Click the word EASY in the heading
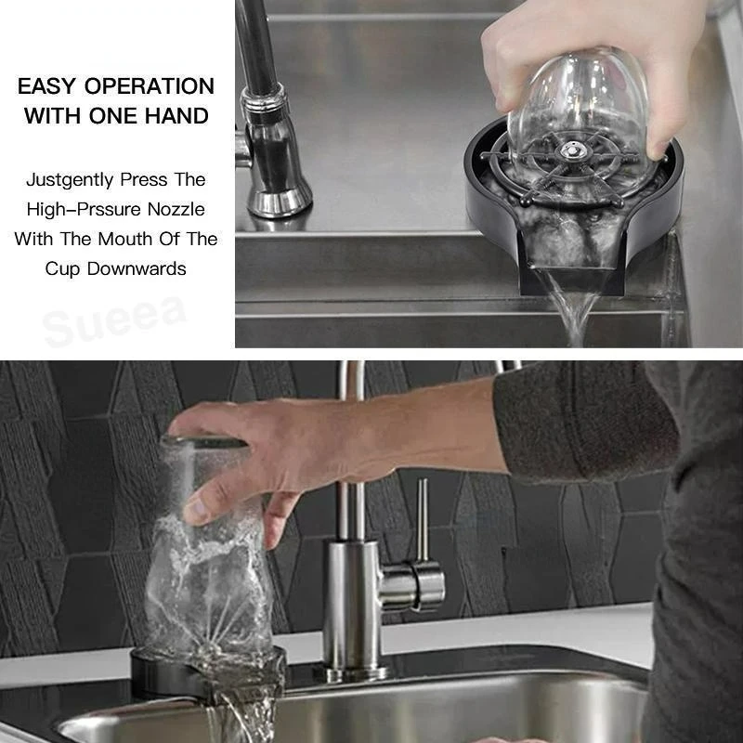tap(47, 86)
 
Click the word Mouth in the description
tap(117, 239)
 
